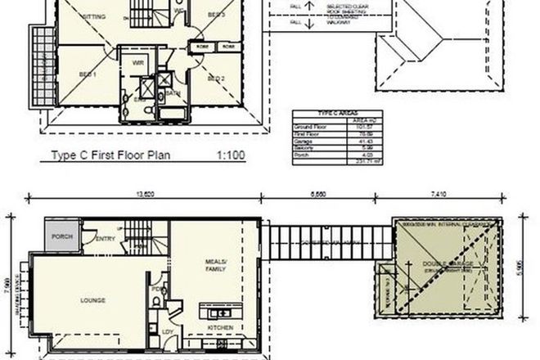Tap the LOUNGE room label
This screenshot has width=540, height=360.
click(x=92, y=300)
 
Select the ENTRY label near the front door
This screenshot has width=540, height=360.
click(x=106, y=239)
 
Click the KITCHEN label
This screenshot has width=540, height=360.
click(x=220, y=328)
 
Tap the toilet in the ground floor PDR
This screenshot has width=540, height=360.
click(x=155, y=302)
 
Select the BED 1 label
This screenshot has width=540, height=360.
click(x=88, y=74)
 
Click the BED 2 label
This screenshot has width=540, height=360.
click(x=216, y=79)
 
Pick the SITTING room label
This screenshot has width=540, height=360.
click(x=92, y=16)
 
